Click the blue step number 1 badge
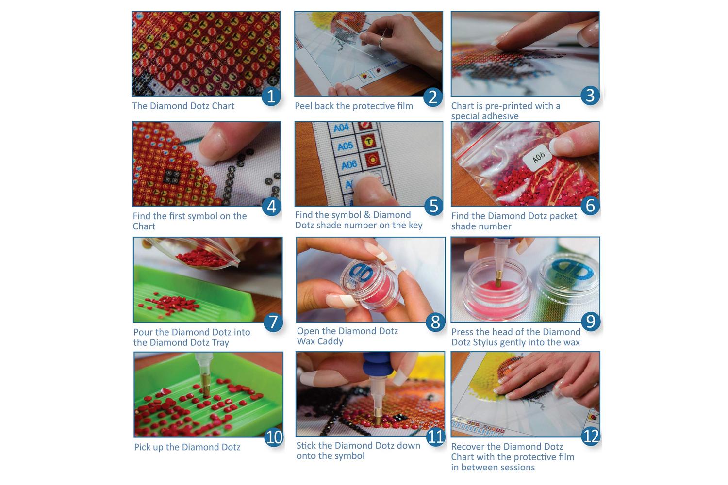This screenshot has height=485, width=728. tap(271, 96)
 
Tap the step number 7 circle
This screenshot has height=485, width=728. tap(273, 322)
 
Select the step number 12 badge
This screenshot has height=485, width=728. tap(591, 436)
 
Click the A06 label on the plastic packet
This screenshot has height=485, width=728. tap(539, 157)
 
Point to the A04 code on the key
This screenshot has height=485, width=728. tap(341, 128)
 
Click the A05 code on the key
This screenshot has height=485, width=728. tap(345, 146)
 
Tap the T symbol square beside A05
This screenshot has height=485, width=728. tap(368, 142)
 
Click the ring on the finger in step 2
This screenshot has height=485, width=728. tap(381, 42)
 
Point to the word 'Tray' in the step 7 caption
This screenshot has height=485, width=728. tap(220, 343)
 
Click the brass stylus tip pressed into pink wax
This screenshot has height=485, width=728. tap(498, 279)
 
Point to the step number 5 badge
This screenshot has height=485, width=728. tap(434, 206)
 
